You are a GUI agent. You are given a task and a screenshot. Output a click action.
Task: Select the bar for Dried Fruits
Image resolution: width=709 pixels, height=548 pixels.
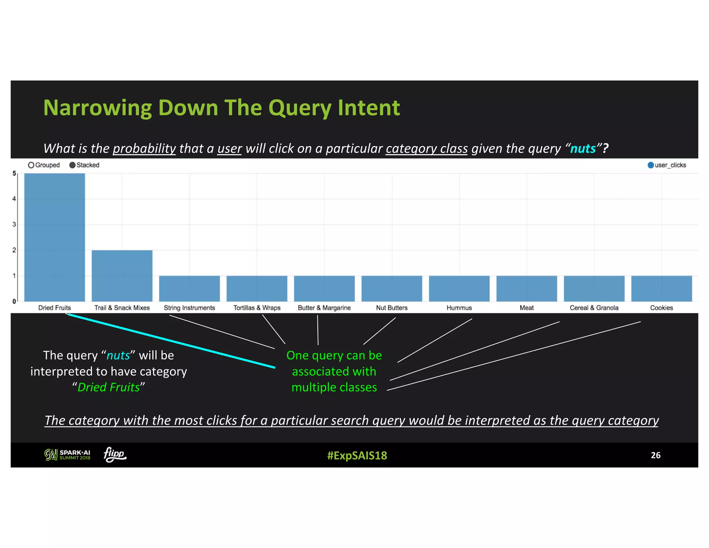(x=54, y=237)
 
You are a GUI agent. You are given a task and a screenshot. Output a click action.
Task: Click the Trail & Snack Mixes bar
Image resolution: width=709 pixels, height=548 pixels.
(x=122, y=275)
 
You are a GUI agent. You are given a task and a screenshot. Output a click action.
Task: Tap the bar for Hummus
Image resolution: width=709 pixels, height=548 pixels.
(x=459, y=288)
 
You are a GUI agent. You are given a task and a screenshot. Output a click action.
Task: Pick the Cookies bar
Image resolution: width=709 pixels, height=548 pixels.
(x=661, y=288)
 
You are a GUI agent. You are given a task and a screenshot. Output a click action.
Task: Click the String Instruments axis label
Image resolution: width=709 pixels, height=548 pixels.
(x=189, y=308)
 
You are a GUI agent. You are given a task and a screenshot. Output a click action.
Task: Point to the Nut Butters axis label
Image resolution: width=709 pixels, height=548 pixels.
(x=392, y=308)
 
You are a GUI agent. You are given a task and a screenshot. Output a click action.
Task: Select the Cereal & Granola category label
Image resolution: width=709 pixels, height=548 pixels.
(x=594, y=308)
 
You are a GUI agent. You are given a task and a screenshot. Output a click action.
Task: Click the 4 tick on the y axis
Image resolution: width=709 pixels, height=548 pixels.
(x=14, y=199)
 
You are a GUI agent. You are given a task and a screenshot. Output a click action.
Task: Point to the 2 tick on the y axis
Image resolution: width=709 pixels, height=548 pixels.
(x=14, y=250)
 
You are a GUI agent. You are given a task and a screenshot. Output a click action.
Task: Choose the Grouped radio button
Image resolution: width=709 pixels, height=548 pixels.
(x=31, y=165)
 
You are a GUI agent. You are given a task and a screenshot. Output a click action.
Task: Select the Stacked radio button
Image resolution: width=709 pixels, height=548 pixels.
(x=72, y=165)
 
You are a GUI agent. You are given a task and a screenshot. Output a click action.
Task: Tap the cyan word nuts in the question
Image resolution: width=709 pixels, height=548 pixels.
(x=583, y=149)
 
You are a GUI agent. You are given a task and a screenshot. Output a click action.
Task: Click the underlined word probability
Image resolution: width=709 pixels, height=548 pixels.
(x=144, y=149)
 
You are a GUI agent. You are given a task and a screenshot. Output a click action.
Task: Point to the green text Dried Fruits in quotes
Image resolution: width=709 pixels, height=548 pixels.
(x=108, y=387)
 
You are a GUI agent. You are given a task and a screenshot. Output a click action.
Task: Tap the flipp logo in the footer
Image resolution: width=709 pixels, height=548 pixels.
(x=115, y=454)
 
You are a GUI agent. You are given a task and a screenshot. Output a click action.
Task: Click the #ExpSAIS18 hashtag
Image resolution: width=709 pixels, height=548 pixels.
(x=357, y=455)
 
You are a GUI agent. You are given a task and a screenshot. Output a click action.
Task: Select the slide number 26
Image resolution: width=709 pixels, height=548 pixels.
(x=655, y=455)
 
